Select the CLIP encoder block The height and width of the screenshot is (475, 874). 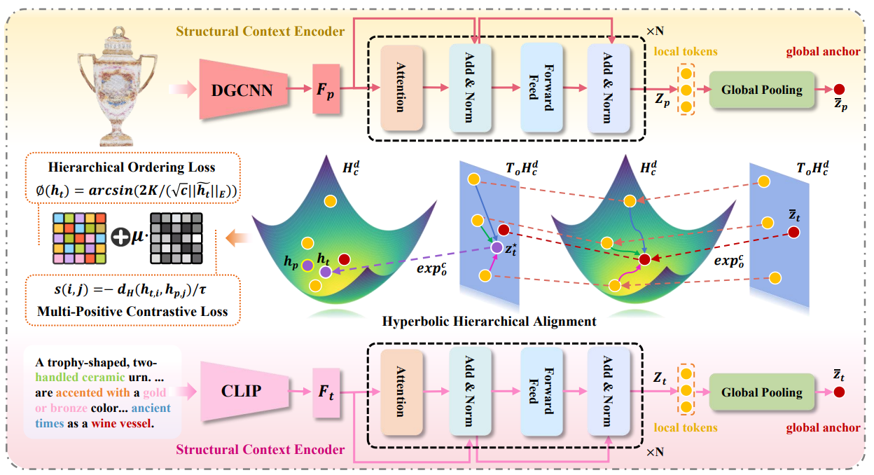pyautogui.click(x=242, y=391)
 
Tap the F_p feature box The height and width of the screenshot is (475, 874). pyautogui.click(x=326, y=89)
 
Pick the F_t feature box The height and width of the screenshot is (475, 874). pyautogui.click(x=326, y=392)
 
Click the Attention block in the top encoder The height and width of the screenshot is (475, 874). pyautogui.click(x=401, y=88)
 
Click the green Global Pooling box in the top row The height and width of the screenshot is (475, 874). pyautogui.click(x=762, y=89)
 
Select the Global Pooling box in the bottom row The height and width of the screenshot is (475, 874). pyautogui.click(x=762, y=392)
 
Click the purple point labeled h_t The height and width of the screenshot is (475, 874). pyautogui.click(x=325, y=271)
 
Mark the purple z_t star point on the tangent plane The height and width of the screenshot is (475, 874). pyautogui.click(x=497, y=247)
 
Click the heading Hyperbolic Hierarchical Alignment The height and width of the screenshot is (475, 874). pyautogui.click(x=490, y=322)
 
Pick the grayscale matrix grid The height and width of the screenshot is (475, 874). pyautogui.click(x=176, y=239)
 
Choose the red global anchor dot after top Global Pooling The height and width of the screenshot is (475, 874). pyautogui.click(x=839, y=89)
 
